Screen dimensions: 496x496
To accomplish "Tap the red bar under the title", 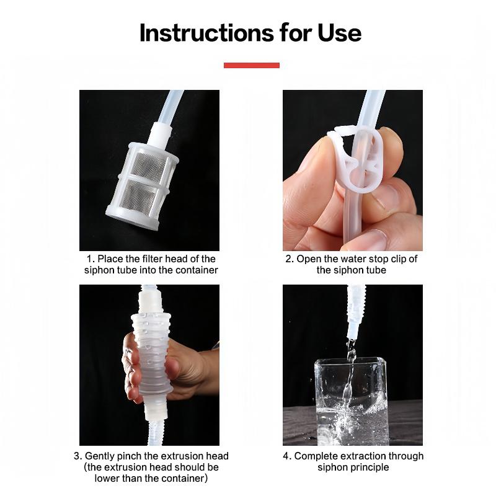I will (251, 65).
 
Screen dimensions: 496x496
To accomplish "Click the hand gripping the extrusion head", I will (186, 369).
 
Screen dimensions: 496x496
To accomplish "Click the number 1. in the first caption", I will (91, 259).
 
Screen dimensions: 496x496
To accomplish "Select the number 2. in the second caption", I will (289, 259).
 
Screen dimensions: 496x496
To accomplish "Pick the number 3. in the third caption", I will (77, 456).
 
